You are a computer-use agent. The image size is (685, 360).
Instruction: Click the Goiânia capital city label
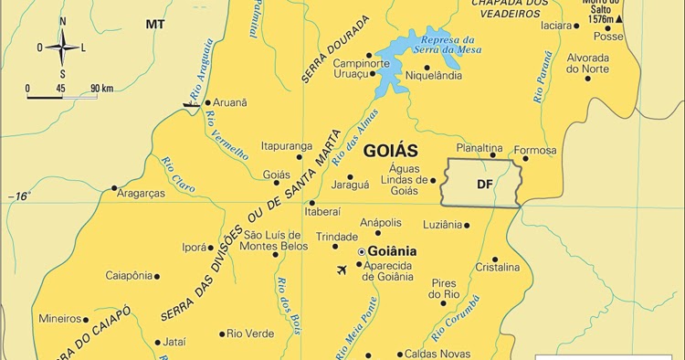tap(392, 250)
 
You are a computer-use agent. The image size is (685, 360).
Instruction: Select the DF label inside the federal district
tap(485, 184)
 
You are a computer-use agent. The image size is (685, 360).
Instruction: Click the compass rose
tap(62, 48)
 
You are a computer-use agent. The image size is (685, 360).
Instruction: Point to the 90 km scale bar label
tap(100, 88)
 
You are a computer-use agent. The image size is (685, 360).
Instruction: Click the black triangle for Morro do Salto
tap(620, 18)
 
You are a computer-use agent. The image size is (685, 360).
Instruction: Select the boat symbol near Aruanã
tap(191, 104)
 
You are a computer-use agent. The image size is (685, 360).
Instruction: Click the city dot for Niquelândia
tap(427, 67)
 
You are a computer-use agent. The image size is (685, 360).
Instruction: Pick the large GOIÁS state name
tap(390, 151)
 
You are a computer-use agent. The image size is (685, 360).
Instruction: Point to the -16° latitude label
tap(19, 196)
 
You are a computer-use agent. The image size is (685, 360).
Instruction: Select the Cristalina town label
tap(498, 268)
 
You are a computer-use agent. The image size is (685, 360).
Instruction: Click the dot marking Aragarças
tap(115, 189)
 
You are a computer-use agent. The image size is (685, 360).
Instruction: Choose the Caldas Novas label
tap(437, 354)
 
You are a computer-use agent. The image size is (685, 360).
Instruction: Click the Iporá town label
tap(195, 247)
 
